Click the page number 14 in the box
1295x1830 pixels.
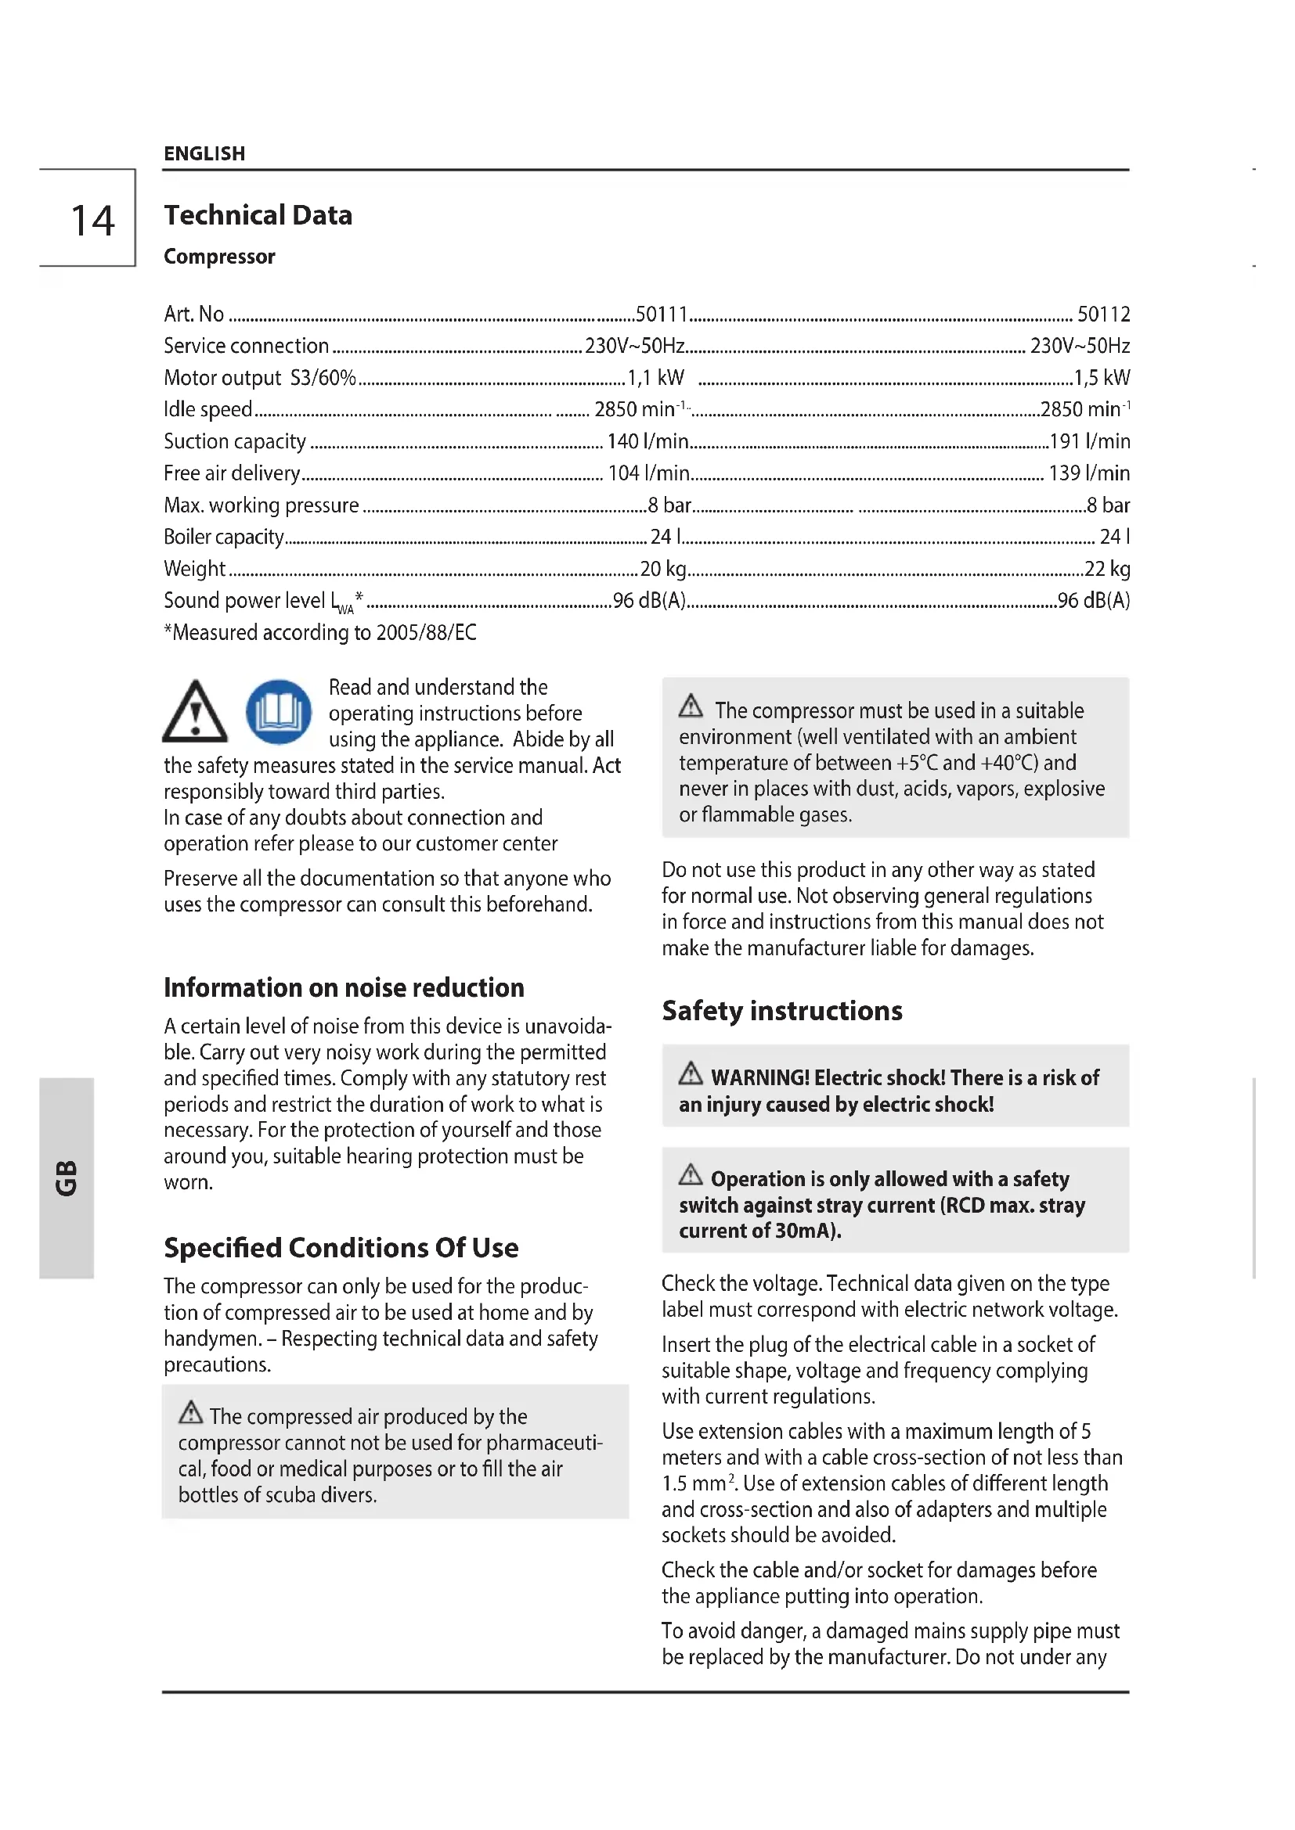pos(92,221)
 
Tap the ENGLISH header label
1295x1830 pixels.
pos(204,154)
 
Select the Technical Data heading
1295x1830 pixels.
pos(258,215)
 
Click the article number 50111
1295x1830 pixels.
pos(661,314)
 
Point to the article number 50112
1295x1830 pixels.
pos(1104,314)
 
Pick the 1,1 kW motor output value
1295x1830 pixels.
pos(655,378)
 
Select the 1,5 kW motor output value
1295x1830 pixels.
pos(1102,378)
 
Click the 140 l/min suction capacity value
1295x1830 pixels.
pos(647,441)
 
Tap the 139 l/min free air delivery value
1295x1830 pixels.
pos(1089,473)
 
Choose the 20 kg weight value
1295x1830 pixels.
pos(663,569)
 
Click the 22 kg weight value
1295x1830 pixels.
pos(1108,569)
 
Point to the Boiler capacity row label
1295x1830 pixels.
pos(223,537)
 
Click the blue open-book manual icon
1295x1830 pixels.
pos(278,712)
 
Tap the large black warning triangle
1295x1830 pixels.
pos(195,712)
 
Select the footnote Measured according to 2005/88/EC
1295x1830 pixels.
pos(319,633)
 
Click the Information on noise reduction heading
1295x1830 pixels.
pos(344,988)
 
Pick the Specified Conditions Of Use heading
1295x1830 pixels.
pos(341,1248)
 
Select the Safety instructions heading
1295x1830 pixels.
pos(781,1012)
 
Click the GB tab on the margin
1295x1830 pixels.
pos(67,1178)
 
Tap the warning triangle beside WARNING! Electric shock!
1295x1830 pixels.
pos(691,1073)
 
